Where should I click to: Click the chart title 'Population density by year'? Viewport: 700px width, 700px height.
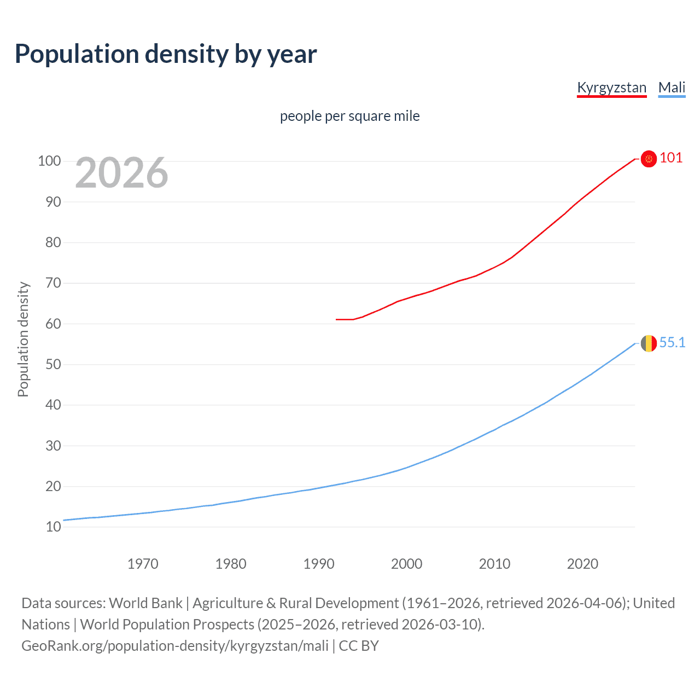pos(166,54)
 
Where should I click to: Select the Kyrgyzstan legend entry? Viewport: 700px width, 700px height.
pos(611,87)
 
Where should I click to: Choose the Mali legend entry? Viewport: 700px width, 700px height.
pos(672,87)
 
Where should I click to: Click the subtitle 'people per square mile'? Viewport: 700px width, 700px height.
pos(349,116)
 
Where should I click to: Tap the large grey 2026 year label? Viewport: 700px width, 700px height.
pos(121,173)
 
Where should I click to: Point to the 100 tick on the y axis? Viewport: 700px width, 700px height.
pos(49,161)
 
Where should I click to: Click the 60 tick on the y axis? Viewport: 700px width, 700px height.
pos(53,324)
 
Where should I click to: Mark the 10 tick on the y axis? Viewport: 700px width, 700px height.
pos(53,527)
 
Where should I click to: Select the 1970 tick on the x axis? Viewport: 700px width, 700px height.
pos(143,563)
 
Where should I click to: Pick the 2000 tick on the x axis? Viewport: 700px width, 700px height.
pos(406,563)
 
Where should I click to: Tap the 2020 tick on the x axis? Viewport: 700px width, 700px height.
pos(582,563)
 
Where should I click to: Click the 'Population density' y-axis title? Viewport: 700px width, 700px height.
pos(23,339)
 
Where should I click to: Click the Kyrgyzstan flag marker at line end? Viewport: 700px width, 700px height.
pos(649,159)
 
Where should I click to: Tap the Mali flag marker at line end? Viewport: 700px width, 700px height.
pos(649,343)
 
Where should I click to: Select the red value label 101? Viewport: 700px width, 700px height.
pos(671,157)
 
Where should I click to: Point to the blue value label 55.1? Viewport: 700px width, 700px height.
pos(672,342)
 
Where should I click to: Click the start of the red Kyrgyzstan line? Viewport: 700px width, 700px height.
pos(337,319)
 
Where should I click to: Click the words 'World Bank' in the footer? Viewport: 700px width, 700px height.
pos(145,603)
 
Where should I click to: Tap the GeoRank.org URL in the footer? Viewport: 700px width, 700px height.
pos(175,645)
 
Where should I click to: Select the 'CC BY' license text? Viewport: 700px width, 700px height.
pos(359,645)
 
